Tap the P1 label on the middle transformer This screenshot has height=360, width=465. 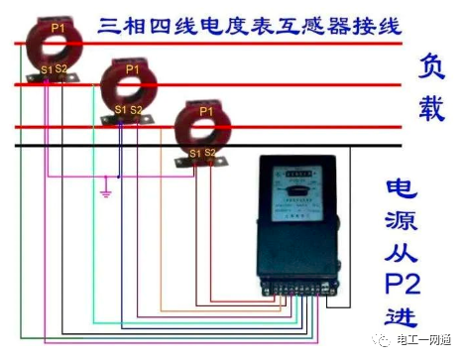(x=132, y=69)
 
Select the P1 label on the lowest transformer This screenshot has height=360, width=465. (x=206, y=111)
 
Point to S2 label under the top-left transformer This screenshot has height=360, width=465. (x=61, y=68)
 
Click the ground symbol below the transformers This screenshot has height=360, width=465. (x=106, y=190)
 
